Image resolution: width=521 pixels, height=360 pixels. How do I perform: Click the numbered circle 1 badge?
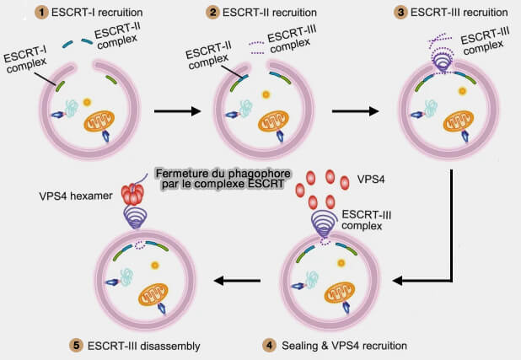tap(40, 12)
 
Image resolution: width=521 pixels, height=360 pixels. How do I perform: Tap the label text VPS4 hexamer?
tap(72, 195)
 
